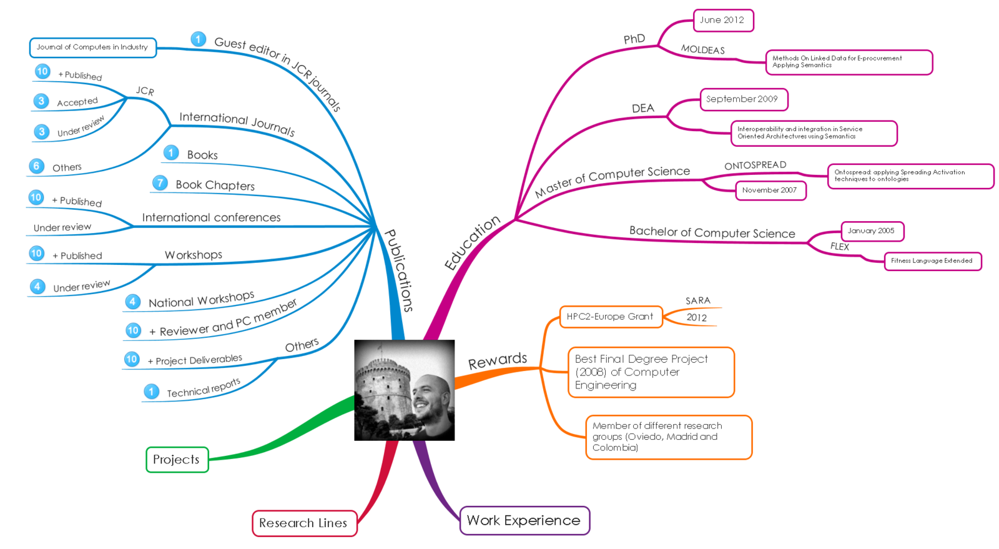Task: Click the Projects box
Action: click(x=177, y=460)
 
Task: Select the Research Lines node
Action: click(x=303, y=523)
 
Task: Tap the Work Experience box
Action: click(x=524, y=520)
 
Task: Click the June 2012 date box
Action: click(x=722, y=20)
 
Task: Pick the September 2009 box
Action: click(x=743, y=99)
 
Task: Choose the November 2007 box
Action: click(x=770, y=190)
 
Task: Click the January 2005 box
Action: click(x=872, y=231)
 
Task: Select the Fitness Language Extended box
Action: click(x=932, y=261)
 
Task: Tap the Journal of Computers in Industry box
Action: click(x=92, y=47)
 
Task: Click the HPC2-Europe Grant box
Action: click(x=610, y=317)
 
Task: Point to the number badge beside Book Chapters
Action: click(x=160, y=182)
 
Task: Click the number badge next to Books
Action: click(x=171, y=152)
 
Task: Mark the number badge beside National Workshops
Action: click(x=132, y=302)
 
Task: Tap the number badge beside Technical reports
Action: click(x=151, y=392)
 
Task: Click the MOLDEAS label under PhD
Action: click(x=702, y=50)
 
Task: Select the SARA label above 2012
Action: click(x=697, y=301)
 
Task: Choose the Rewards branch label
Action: click(x=498, y=361)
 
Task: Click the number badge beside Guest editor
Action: click(x=199, y=39)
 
